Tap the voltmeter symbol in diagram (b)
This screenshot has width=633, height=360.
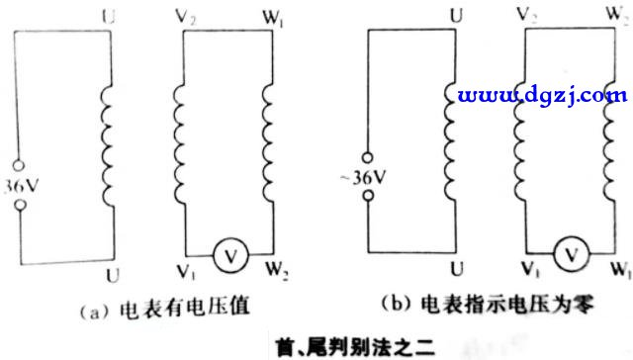pyautogui.click(x=570, y=252)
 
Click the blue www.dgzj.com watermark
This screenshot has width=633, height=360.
pyautogui.click(x=542, y=96)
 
